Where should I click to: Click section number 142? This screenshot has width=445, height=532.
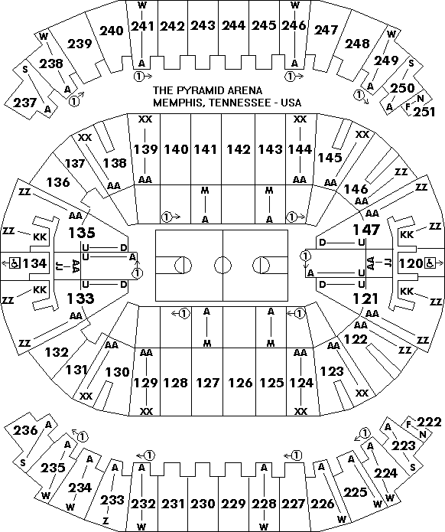click(238, 149)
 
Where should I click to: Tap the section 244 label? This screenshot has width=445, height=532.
click(234, 25)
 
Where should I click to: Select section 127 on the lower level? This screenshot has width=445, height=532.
click(208, 383)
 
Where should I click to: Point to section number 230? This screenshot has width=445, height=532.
click(203, 504)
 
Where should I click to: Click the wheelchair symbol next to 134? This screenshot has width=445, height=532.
click(15, 263)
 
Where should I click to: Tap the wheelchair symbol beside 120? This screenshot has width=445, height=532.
click(428, 263)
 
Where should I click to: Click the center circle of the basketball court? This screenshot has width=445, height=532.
click(222, 265)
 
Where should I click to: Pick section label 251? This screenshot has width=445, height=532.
click(424, 112)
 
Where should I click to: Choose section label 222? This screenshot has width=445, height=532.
click(430, 422)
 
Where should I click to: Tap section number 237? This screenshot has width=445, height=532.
click(24, 102)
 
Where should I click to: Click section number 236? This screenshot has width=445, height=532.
click(25, 430)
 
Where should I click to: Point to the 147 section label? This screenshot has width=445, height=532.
click(366, 230)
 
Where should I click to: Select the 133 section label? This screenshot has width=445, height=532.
click(80, 299)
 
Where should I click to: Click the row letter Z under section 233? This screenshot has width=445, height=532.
click(106, 521)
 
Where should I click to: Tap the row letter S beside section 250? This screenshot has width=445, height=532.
click(411, 63)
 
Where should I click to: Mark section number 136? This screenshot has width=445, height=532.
click(58, 182)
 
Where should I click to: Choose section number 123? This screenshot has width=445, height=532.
click(332, 371)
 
